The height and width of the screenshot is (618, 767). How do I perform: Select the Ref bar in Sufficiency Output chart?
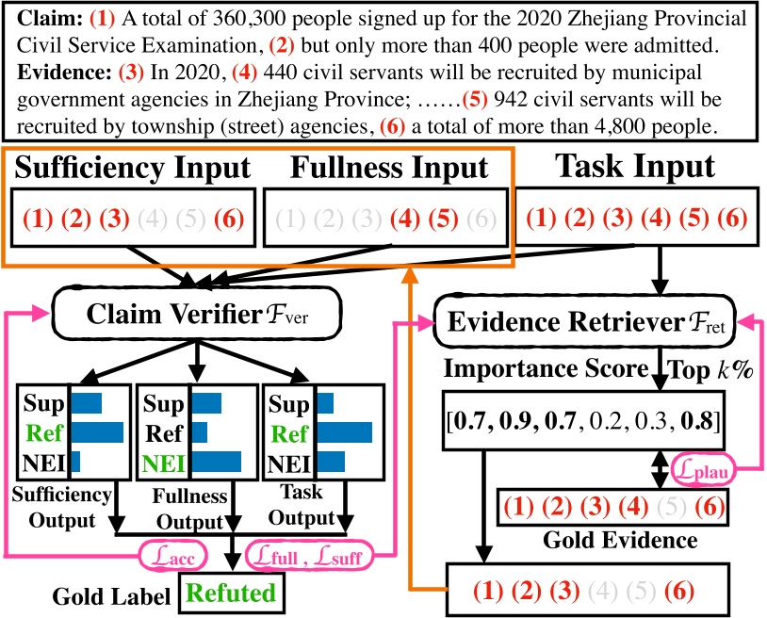[x=97, y=432]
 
